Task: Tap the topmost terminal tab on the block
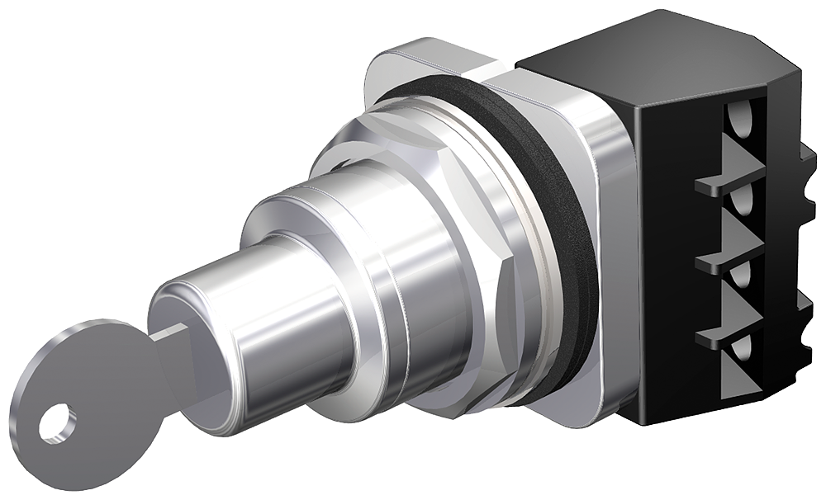(719, 186)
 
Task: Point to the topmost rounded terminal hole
(742, 116)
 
